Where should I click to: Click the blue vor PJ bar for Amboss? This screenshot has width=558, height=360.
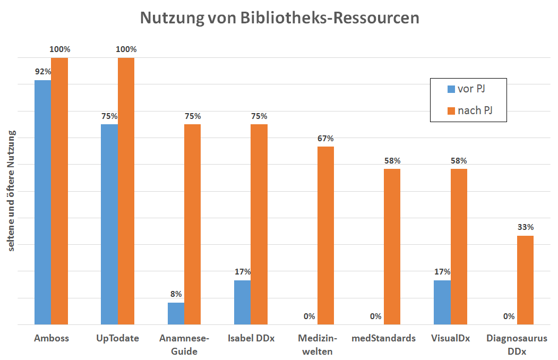(x=42, y=202)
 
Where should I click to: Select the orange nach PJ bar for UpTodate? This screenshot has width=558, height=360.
(x=126, y=191)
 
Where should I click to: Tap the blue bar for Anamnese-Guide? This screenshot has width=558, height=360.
(x=176, y=313)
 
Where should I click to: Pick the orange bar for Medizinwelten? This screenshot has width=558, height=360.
(x=325, y=235)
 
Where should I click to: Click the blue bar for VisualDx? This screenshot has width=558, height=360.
(x=442, y=302)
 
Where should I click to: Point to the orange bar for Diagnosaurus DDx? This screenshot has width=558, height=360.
(x=525, y=280)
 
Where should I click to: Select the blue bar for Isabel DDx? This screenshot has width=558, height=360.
(x=242, y=302)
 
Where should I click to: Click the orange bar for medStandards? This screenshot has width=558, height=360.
(x=392, y=246)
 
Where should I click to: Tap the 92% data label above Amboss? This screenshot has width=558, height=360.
(x=42, y=72)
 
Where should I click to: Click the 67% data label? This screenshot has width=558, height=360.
(x=325, y=139)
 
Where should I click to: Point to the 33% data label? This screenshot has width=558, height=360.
(x=525, y=227)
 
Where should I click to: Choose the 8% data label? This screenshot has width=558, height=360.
(x=176, y=294)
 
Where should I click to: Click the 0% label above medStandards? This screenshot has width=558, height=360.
(x=375, y=316)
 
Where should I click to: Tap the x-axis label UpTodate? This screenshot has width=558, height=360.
(x=117, y=338)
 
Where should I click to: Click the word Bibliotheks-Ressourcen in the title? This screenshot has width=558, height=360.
(x=330, y=18)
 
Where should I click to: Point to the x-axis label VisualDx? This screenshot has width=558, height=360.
(x=450, y=338)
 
